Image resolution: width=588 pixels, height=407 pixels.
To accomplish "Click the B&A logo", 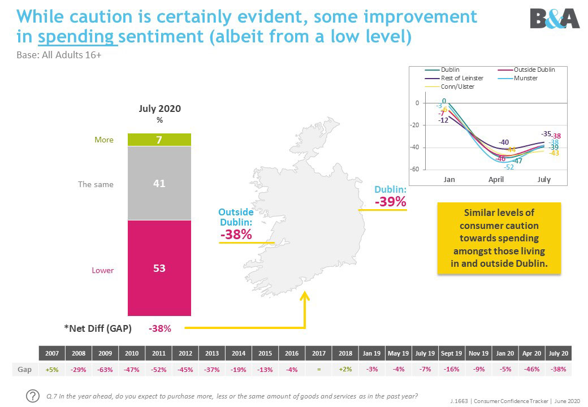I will (555, 18).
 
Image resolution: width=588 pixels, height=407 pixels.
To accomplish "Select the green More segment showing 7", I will (159, 140).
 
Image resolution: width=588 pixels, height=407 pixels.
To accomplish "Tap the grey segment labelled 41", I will (159, 183).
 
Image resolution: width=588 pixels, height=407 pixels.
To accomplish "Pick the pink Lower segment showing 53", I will (159, 268).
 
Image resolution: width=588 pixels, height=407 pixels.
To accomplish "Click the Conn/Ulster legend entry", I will (458, 86).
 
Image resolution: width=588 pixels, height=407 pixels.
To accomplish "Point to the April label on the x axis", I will (496, 180).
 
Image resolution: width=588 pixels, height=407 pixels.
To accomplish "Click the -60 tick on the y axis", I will (414, 170).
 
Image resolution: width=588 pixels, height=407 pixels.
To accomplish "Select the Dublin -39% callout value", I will (390, 201).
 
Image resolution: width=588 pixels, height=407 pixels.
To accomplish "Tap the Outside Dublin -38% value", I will (236, 234).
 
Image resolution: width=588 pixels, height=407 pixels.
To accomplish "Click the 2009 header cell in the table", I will (105, 353).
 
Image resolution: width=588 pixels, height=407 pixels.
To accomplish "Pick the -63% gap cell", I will (105, 369).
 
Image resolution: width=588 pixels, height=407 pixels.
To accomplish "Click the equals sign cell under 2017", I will (318, 369).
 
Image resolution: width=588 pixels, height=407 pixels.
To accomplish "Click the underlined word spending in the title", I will (77, 37).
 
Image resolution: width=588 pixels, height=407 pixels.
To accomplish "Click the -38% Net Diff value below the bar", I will (159, 327).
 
